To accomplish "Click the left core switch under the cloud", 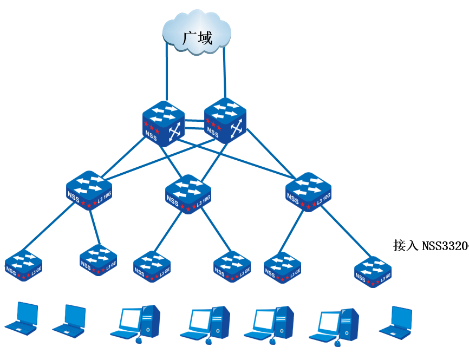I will tap(164, 123).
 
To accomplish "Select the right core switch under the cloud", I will tap(225, 121).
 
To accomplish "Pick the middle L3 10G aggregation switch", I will tap(187, 194).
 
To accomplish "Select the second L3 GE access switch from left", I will tap(99, 261).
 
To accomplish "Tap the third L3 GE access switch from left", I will tap(152, 266).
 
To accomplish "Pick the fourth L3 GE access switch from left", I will tap(232, 266).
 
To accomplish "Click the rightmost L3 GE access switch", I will tap(373, 271).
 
